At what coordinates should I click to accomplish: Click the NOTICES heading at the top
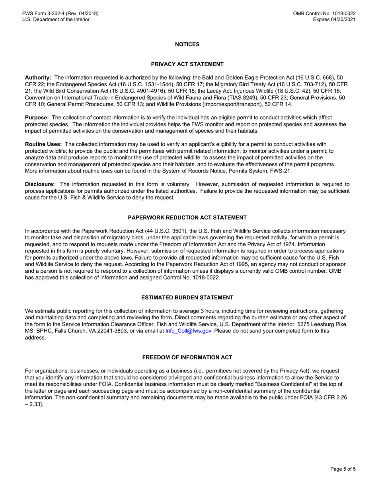point(187,44)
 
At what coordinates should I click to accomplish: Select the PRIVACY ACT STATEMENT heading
point(187,64)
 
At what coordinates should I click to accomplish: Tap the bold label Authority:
point(38,77)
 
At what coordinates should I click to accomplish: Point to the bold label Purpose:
point(37,118)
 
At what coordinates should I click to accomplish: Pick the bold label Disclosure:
point(40,184)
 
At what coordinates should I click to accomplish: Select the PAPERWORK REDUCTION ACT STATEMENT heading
point(187,217)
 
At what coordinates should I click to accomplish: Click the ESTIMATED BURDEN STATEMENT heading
point(187,297)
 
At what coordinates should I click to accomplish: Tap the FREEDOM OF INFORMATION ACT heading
point(187,357)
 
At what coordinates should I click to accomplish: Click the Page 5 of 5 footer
point(343,469)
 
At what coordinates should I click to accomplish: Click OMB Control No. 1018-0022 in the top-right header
point(324,14)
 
